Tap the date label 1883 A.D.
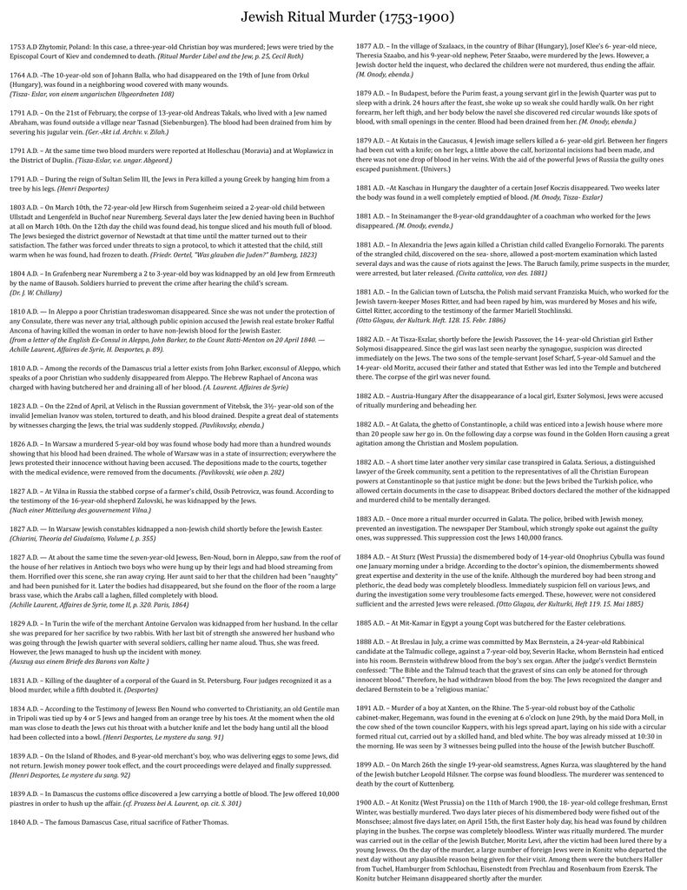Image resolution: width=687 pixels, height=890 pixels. [x=372, y=517]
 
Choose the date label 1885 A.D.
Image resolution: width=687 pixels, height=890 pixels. [x=372, y=622]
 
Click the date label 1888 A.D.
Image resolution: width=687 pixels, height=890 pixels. [x=372, y=641]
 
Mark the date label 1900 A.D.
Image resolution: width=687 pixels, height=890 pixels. [x=372, y=802]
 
